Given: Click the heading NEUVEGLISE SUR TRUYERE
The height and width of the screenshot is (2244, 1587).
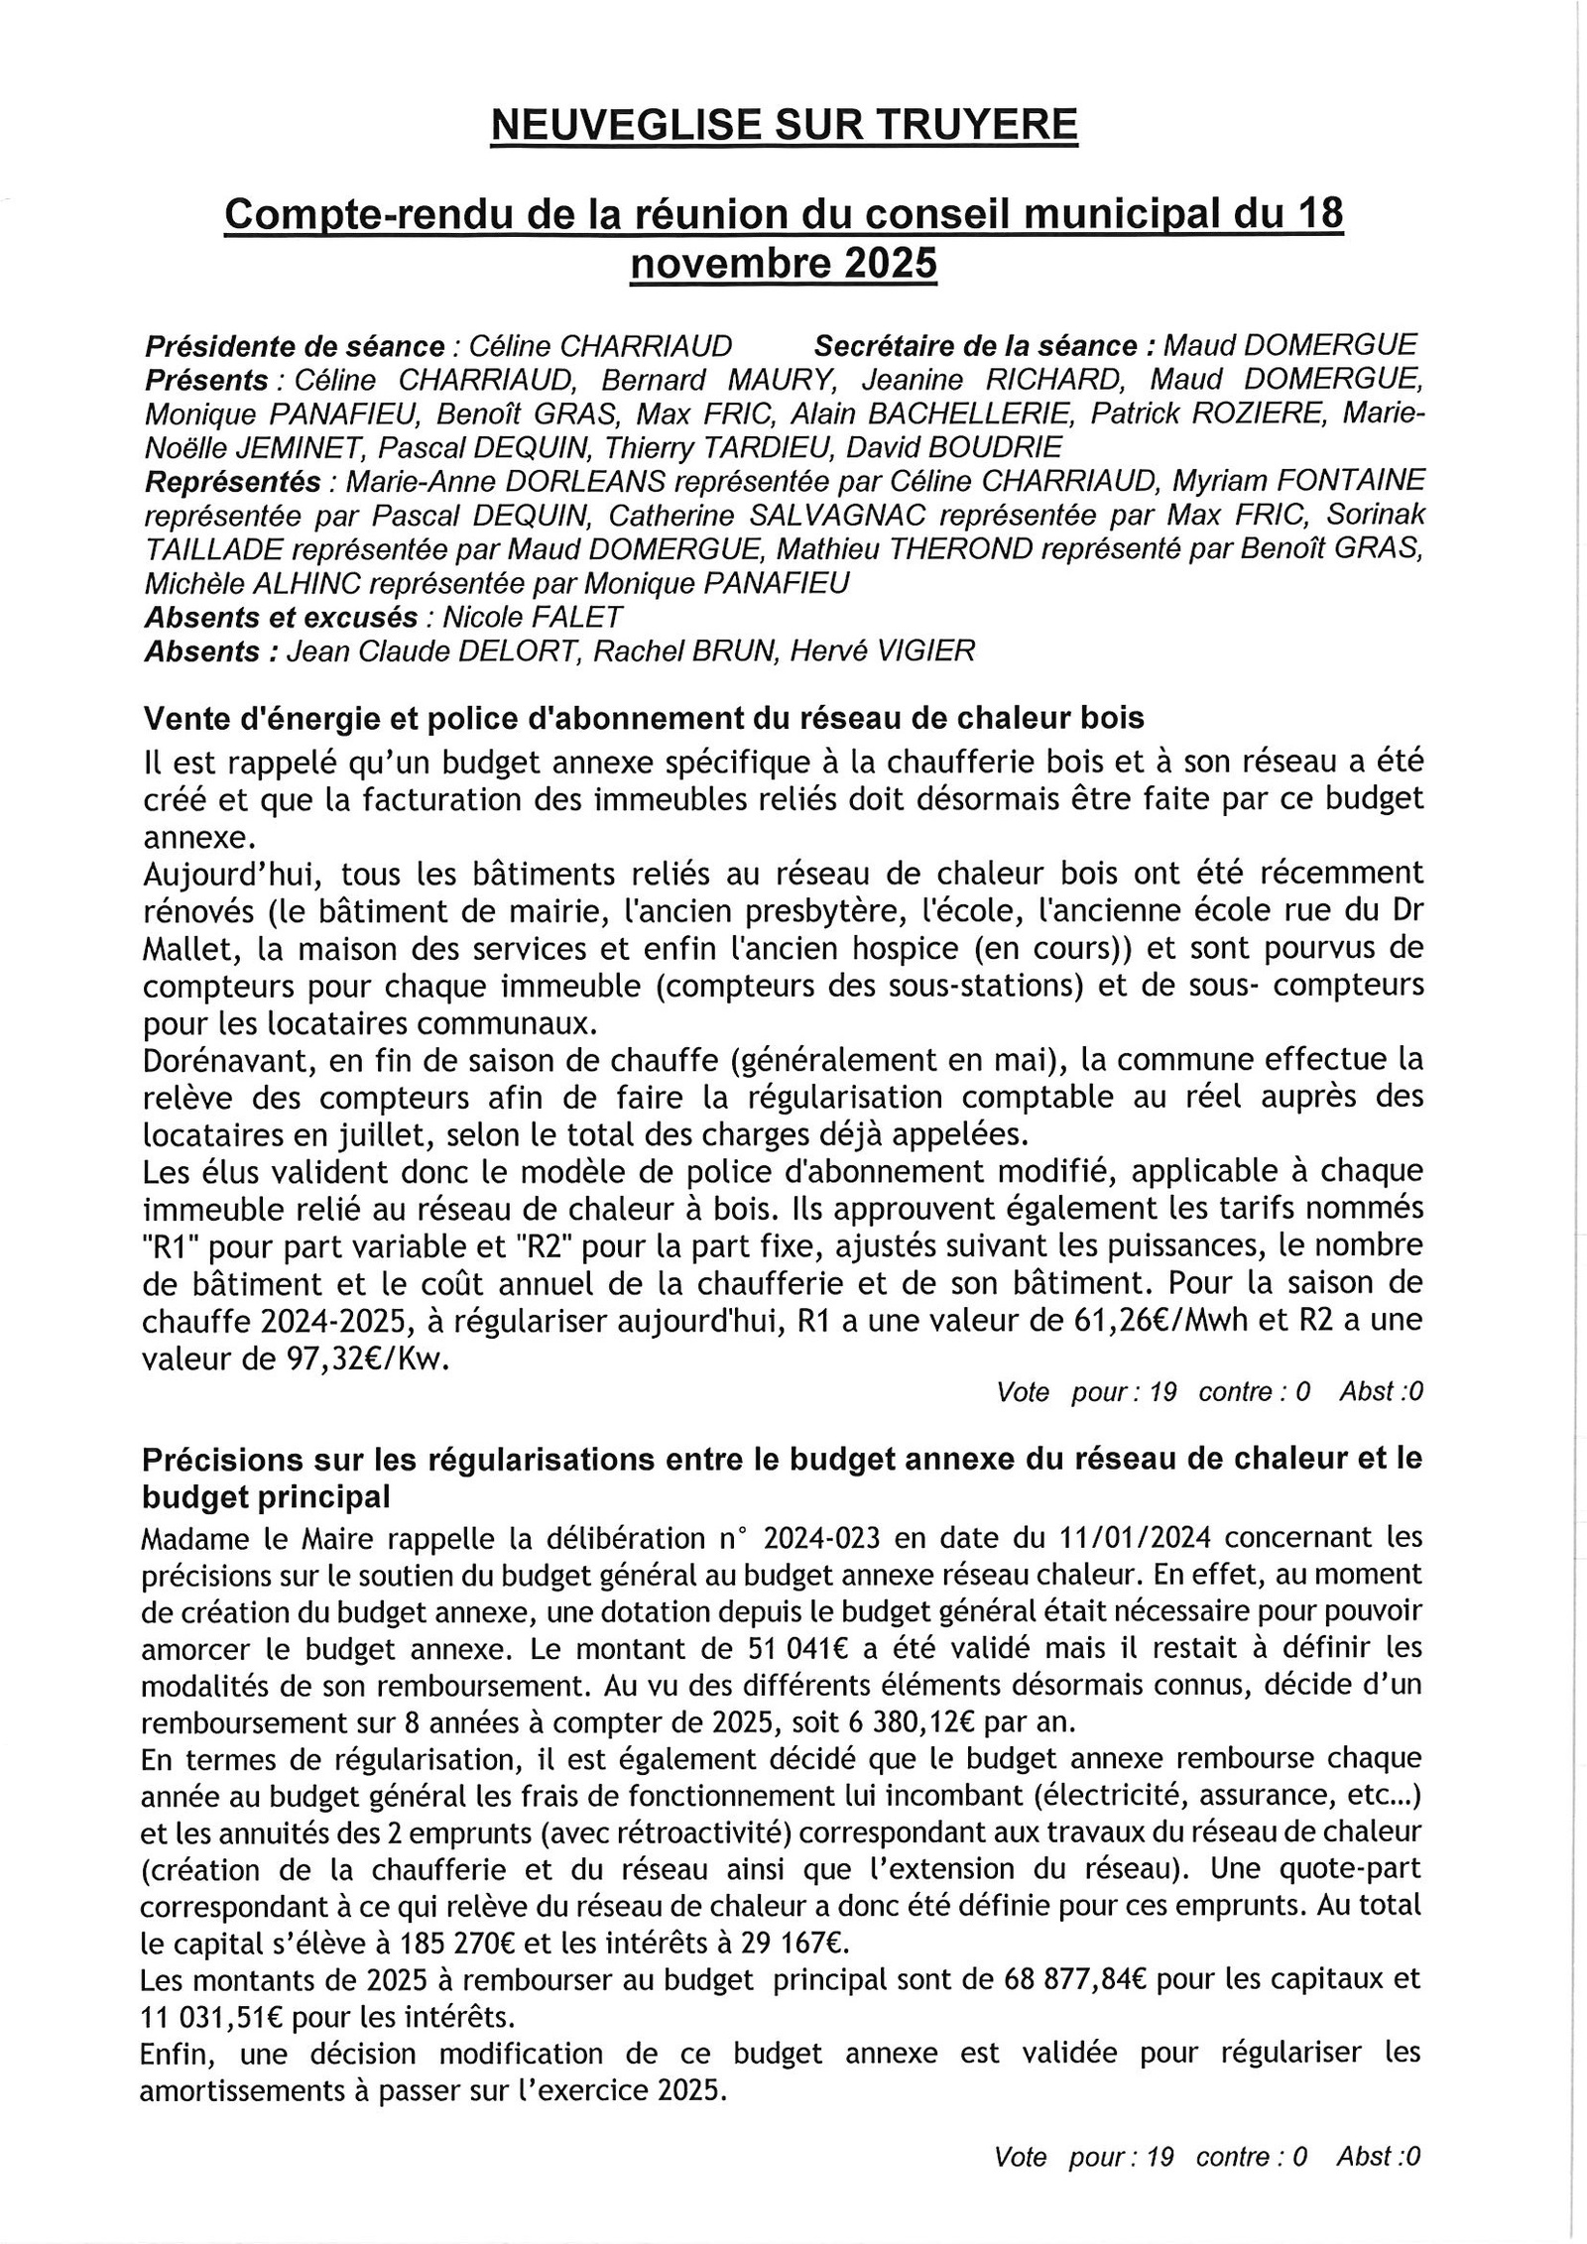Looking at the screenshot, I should [785, 127].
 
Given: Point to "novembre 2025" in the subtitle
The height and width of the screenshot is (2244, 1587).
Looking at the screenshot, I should [784, 264].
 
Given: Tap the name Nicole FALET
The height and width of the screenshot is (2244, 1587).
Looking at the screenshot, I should [533, 617].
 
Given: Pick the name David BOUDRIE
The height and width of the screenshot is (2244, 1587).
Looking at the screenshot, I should [953, 447].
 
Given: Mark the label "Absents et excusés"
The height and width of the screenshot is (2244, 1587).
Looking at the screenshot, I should [281, 617].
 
